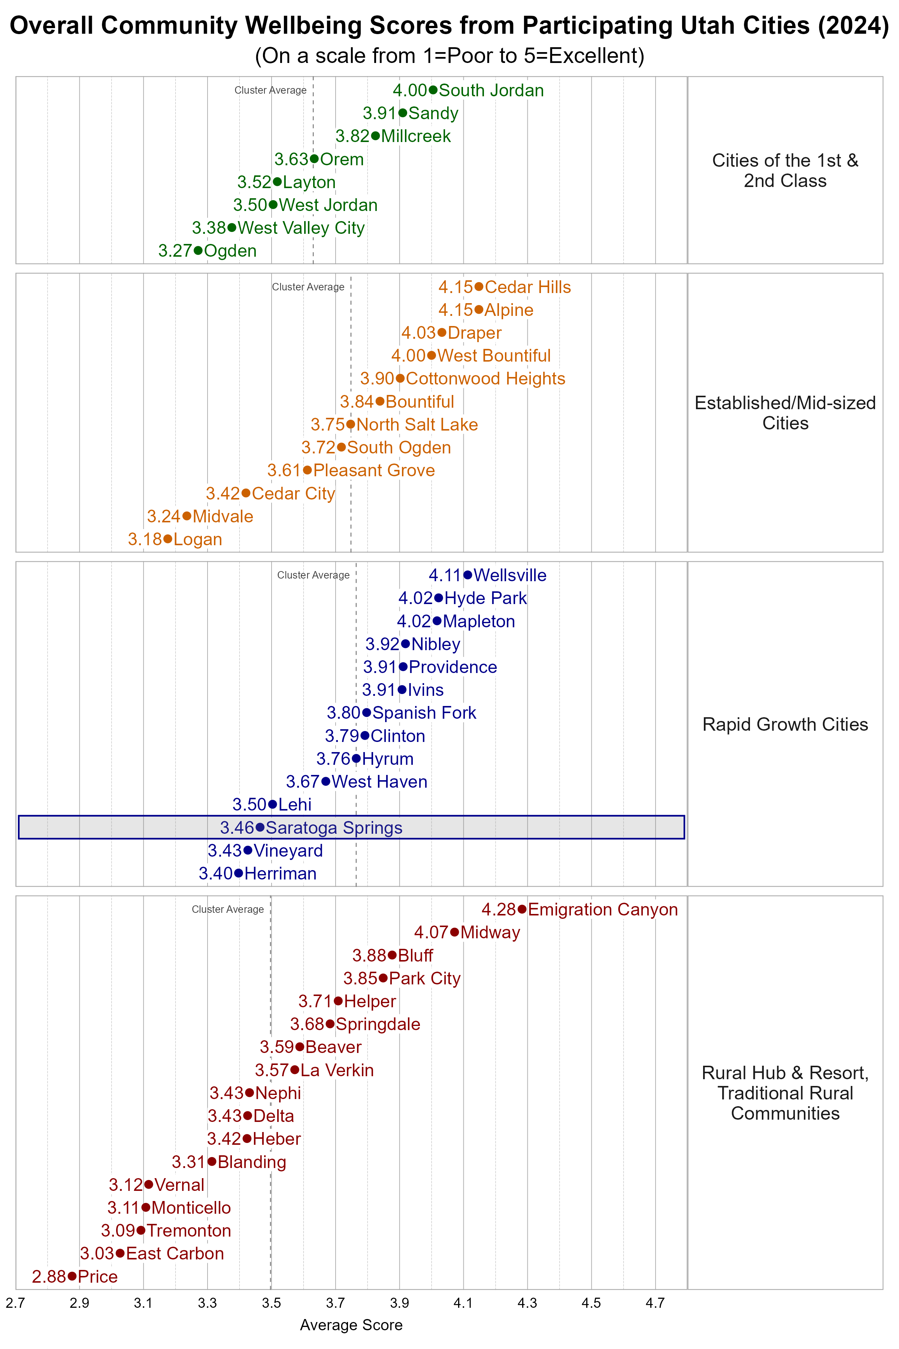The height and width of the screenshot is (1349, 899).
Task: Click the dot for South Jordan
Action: coord(433,90)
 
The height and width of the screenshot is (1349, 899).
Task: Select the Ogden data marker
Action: coord(198,251)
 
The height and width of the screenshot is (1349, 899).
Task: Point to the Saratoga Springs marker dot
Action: coord(260,827)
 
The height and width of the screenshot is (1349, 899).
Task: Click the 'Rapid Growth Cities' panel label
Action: coord(785,724)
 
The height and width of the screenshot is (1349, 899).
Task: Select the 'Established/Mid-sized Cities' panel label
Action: coord(785,413)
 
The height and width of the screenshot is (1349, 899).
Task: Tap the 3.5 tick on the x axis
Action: coord(271,1303)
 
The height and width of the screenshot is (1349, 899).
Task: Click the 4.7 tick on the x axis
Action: coord(655,1303)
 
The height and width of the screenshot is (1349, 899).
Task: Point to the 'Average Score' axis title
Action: coord(351,1325)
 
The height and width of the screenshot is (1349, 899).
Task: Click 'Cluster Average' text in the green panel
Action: coord(270,90)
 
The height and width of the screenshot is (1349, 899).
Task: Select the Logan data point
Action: coord(167,539)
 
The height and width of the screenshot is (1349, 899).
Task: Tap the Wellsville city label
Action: coord(510,575)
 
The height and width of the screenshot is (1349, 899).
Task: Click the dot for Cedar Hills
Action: coord(479,287)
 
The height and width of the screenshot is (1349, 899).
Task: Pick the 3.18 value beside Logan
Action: coord(145,539)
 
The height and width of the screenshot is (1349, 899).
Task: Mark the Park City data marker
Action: coord(383,978)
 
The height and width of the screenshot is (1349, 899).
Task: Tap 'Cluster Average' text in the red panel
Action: coord(228,910)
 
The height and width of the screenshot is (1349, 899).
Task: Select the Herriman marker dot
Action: coord(239,873)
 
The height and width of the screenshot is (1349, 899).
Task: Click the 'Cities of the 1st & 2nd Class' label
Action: coord(785,170)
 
